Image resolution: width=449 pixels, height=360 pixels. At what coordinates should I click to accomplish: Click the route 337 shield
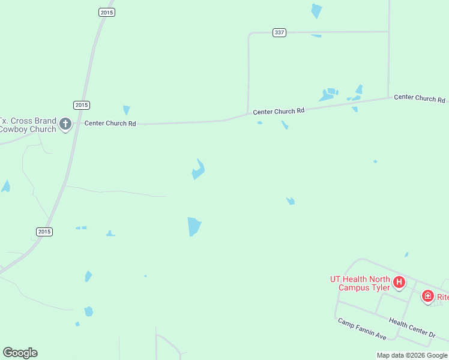click(279, 32)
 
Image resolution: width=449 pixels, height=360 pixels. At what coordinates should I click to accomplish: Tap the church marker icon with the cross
click(65, 125)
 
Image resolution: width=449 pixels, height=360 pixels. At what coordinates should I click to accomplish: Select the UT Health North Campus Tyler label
click(360, 283)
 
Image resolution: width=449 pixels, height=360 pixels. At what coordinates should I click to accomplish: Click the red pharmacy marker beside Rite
click(427, 296)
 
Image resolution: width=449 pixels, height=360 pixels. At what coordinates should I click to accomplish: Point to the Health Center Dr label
click(412, 328)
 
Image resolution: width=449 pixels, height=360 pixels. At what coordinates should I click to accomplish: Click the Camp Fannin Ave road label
click(362, 329)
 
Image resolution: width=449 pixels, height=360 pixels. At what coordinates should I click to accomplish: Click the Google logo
click(20, 353)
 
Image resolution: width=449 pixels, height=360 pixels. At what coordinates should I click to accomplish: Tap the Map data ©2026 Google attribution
click(412, 355)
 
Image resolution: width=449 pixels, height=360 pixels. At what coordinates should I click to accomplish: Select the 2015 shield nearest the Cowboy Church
click(82, 105)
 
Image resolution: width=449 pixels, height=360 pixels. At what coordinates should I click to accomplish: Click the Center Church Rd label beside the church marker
click(110, 123)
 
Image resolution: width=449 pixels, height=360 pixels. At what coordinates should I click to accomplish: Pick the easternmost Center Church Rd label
click(420, 98)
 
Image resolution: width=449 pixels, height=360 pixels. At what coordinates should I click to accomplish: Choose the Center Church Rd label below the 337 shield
click(279, 111)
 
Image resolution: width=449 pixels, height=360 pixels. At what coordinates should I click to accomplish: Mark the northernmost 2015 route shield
click(106, 12)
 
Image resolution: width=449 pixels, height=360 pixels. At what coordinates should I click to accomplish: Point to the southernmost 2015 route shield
click(44, 232)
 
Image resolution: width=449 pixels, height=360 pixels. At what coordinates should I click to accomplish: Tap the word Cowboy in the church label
click(13, 129)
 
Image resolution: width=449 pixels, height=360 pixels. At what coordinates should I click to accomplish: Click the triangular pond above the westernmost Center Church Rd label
click(126, 110)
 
